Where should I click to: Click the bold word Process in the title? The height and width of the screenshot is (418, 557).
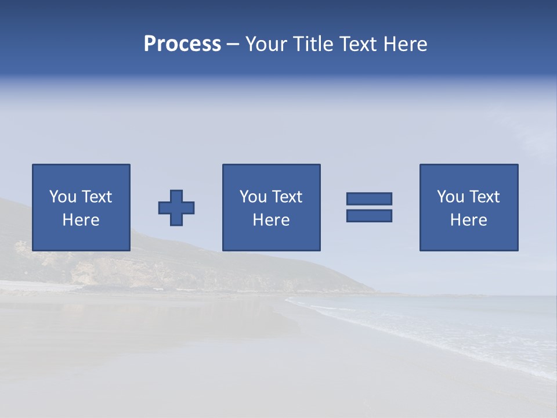click(x=182, y=44)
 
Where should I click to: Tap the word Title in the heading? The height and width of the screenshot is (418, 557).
click(x=313, y=44)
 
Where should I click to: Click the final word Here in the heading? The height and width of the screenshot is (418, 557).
click(x=406, y=44)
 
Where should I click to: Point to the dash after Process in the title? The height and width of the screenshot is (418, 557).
click(x=233, y=45)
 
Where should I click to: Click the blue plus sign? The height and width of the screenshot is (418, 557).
click(x=176, y=208)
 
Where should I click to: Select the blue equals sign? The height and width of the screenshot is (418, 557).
click(x=369, y=207)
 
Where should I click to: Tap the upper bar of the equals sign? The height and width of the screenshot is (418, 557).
click(x=369, y=199)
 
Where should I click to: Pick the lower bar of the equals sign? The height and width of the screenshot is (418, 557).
click(x=369, y=215)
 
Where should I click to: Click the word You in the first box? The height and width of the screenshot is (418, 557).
click(x=63, y=197)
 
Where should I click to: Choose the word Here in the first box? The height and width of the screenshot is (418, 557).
click(x=81, y=220)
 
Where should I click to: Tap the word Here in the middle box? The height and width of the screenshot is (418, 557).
click(x=271, y=220)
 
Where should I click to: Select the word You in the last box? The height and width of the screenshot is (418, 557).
click(x=450, y=197)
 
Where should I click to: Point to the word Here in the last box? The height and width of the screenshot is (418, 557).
click(x=468, y=220)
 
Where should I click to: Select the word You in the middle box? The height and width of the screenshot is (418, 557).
click(x=253, y=197)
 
